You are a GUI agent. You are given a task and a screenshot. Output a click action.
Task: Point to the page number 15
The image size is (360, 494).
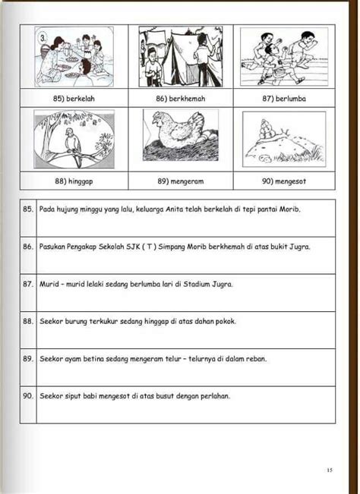tap(330, 470)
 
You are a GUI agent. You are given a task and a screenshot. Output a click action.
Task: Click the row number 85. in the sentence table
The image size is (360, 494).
tap(28, 209)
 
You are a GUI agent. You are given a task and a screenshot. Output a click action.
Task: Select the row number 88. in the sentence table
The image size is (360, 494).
tap(28, 322)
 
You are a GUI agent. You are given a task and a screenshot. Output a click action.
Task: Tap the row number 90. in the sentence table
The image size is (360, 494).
tap(28, 396)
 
